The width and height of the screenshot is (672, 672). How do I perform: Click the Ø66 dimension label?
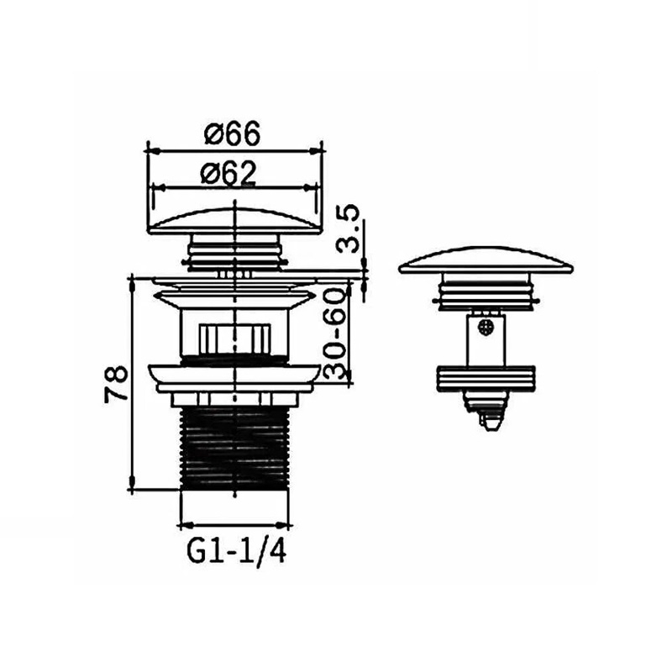233,134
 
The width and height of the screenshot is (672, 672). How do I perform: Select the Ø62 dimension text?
228,173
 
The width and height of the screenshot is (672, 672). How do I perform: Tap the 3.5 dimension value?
348,229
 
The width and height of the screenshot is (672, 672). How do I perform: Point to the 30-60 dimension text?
334,333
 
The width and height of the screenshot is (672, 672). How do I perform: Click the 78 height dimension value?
116,383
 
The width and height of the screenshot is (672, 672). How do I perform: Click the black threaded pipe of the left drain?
234,449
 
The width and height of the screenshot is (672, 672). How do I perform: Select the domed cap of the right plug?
486,260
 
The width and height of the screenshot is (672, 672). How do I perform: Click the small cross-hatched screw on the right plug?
486,328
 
